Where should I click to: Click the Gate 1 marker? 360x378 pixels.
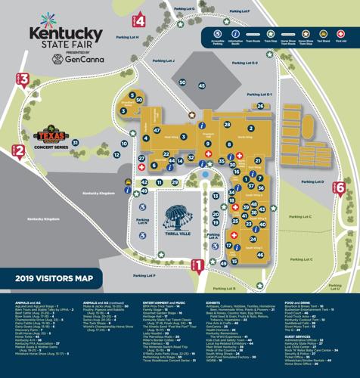tap(197, 265)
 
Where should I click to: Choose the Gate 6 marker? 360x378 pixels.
tap(340, 187)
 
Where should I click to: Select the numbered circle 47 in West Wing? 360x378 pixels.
tap(157, 130)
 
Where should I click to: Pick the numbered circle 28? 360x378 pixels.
tap(228, 124)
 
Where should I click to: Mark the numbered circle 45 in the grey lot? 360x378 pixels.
tap(201, 85)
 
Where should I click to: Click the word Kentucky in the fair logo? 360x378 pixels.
tap(66, 34)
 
